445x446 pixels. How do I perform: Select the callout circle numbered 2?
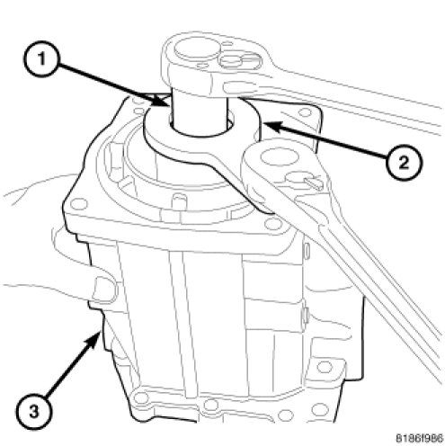(404, 162)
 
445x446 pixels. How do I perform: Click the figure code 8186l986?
(419, 438)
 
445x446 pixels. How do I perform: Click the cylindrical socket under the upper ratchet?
(200, 112)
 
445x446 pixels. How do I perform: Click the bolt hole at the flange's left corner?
(78, 204)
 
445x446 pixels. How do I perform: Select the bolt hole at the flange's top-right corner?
(305, 113)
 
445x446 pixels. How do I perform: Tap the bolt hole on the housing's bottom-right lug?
(325, 367)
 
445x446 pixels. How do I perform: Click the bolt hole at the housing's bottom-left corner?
(138, 397)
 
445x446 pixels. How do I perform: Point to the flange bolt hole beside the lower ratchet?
(272, 223)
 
